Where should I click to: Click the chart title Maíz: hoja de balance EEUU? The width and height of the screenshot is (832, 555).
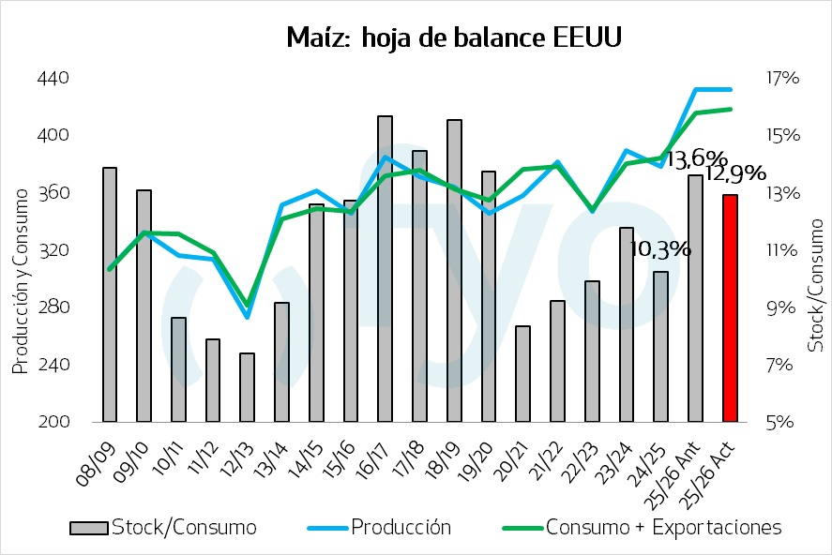coord(454,38)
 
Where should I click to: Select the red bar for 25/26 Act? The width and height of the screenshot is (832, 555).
coord(730,308)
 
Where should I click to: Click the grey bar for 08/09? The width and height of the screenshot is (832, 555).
coord(110,294)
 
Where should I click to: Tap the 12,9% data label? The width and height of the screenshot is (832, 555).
coord(735,173)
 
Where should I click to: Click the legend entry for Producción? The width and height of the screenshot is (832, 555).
coord(401,528)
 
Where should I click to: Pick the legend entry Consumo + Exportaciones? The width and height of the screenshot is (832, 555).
coord(663,528)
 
